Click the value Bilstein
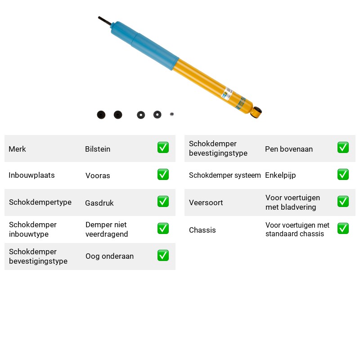pyautogui.click(x=98, y=149)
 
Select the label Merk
pyautogui.click(x=17, y=149)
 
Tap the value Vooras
pyautogui.click(x=98, y=175)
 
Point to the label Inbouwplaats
pyautogui.click(x=31, y=175)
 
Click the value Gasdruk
pyautogui.click(x=99, y=203)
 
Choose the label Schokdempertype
pyautogui.click(x=40, y=202)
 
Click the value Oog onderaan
pyautogui.click(x=109, y=256)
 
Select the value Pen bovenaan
pyautogui.click(x=289, y=149)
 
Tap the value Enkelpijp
pyautogui.click(x=280, y=175)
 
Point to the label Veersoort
pyautogui.click(x=206, y=202)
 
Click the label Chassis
pyautogui.click(x=202, y=230)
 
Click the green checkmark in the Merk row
pyautogui.click(x=163, y=148)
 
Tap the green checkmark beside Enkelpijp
pyautogui.click(x=343, y=175)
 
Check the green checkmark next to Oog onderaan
pyautogui.click(x=163, y=256)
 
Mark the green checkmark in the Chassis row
pyautogui.click(x=343, y=229)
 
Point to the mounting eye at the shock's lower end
pyautogui.click(x=256, y=112)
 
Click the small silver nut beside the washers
pyautogui.click(x=172, y=114)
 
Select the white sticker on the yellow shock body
pyautogui.click(x=227, y=93)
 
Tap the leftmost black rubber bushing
pyautogui.click(x=101, y=115)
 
